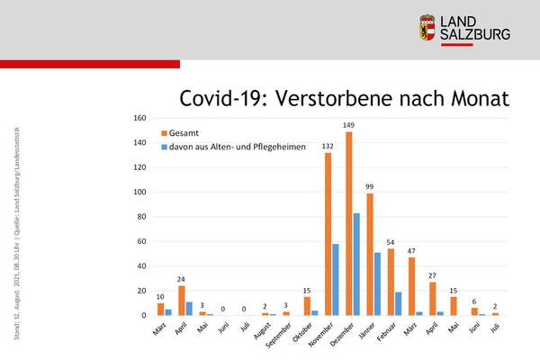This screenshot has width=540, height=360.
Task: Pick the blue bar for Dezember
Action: (356, 264)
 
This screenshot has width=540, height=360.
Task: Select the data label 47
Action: (411, 250)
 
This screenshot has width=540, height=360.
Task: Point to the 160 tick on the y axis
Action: (139, 118)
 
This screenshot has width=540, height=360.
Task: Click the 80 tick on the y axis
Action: (140, 217)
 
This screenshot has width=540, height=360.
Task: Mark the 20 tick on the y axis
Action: (140, 291)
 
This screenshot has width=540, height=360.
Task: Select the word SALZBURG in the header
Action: (478, 34)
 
